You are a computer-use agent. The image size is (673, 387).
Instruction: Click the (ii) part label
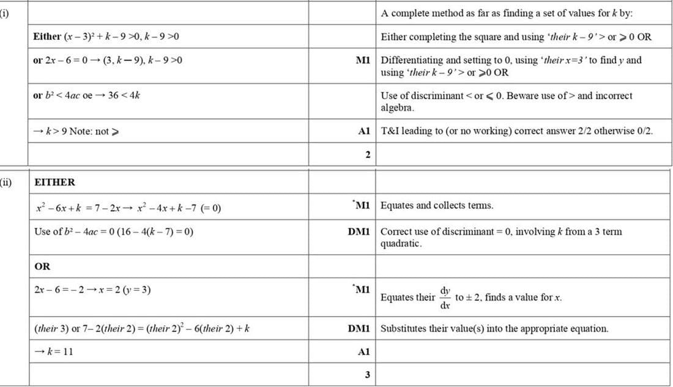6,182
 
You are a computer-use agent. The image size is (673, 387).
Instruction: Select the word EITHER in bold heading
55,182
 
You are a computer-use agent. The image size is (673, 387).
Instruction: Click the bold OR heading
43,266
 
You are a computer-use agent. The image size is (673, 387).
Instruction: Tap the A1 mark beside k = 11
363,351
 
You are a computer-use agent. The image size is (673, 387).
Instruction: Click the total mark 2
368,154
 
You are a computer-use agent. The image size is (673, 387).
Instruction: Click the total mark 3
368,374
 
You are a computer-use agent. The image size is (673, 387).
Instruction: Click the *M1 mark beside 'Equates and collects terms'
360,206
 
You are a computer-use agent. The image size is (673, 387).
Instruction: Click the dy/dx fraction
445,297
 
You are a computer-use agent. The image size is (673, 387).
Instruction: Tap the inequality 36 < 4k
125,96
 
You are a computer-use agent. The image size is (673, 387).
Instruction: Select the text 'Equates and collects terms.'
437,206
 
